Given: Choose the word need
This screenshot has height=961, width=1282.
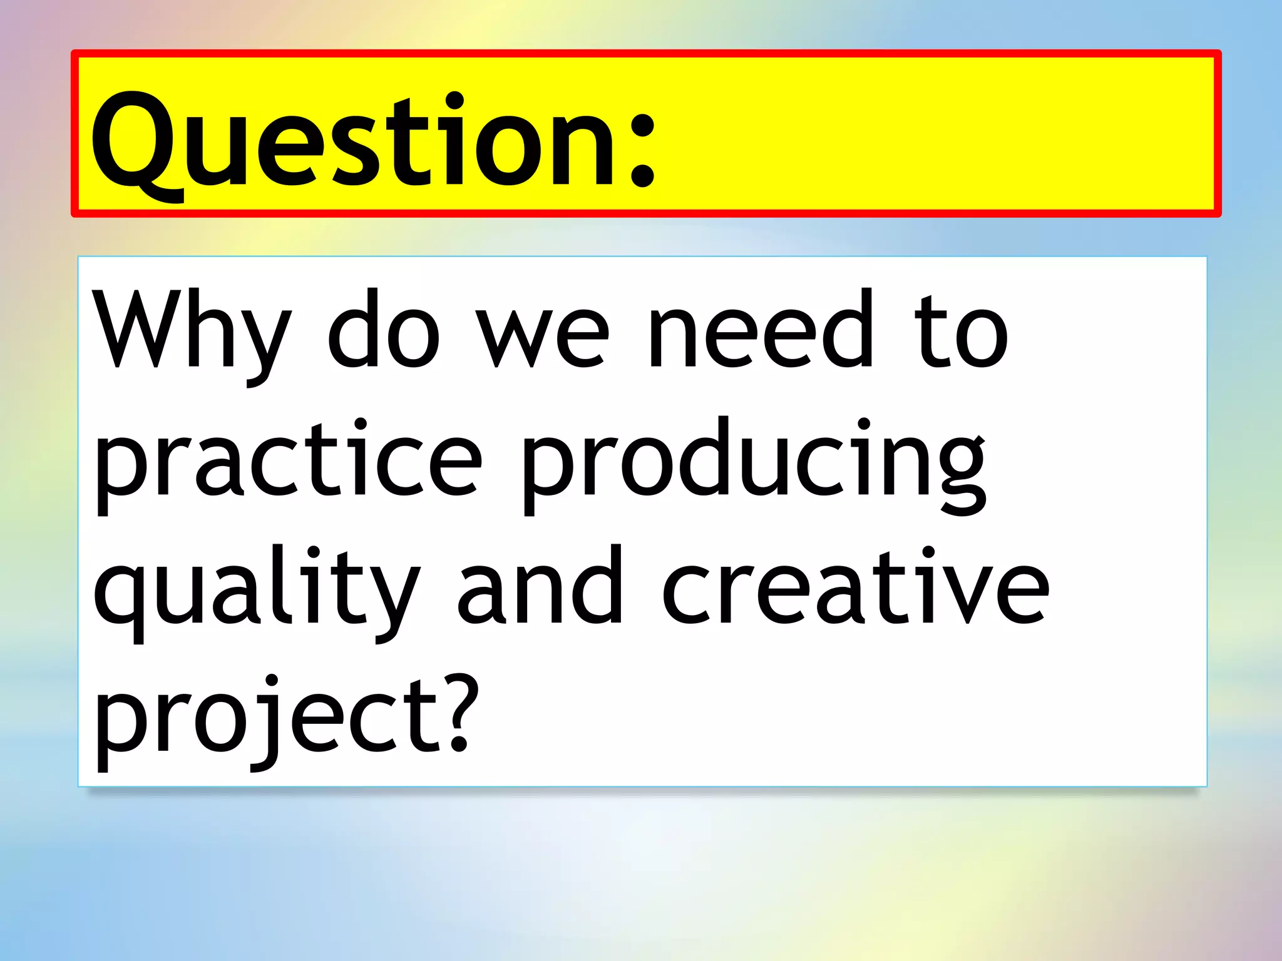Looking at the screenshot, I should coord(760,328).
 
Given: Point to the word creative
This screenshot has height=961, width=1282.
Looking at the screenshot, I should coord(855,588).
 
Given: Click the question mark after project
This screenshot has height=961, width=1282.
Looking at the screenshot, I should coord(459,713).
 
